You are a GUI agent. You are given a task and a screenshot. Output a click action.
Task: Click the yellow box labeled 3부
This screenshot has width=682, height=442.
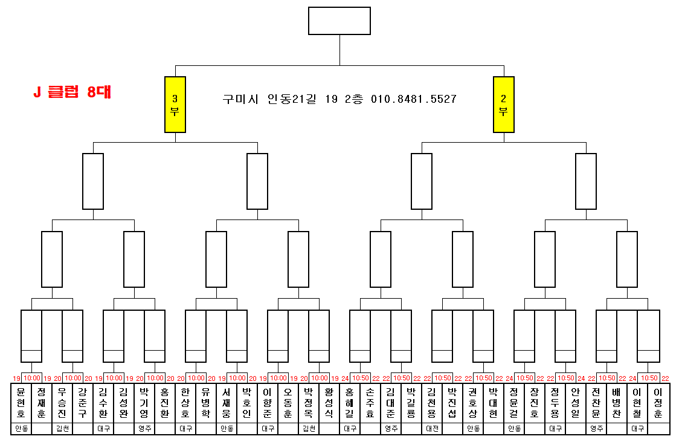[175, 105]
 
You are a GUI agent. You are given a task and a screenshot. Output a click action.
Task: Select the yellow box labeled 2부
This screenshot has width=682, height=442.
[504, 105]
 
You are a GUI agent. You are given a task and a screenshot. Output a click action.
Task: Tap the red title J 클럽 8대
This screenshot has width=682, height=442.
[72, 93]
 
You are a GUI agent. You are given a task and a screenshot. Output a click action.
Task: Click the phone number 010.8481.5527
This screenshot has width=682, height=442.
[414, 99]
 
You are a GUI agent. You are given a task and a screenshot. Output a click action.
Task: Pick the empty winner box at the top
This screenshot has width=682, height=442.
[339, 21]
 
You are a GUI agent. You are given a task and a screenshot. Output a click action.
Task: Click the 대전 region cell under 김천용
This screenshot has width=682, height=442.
[432, 429]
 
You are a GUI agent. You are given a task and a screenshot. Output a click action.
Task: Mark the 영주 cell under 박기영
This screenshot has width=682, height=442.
[144, 429]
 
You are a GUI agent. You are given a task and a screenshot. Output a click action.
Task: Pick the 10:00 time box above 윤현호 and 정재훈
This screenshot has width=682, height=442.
[31, 378]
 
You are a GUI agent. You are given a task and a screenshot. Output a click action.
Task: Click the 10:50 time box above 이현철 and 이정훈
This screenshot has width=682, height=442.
[649, 378]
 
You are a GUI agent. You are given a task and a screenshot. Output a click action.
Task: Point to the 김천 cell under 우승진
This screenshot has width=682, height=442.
[62, 429]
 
